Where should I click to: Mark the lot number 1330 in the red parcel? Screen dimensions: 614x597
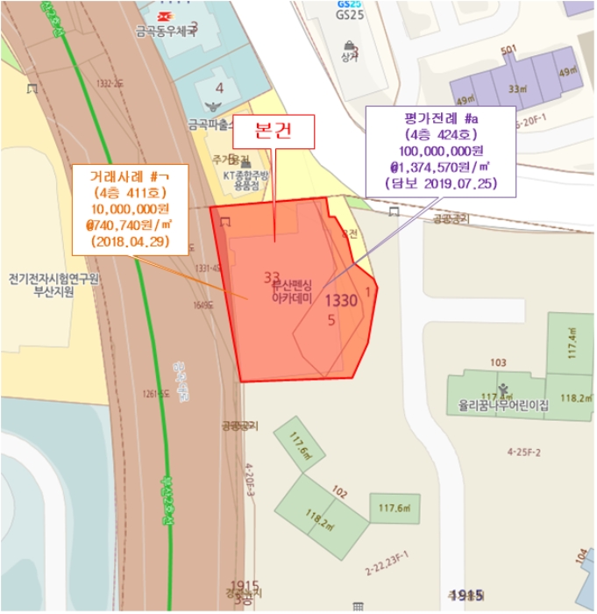(x=341, y=301)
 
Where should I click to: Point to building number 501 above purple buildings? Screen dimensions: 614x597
(x=508, y=51)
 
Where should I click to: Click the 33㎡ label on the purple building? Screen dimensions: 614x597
(x=520, y=89)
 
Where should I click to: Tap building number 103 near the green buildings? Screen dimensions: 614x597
(x=499, y=361)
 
